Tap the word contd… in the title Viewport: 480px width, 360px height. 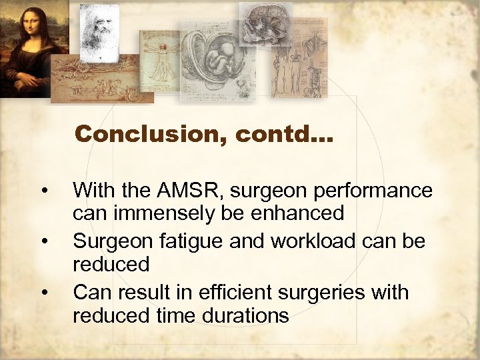[x=277, y=134]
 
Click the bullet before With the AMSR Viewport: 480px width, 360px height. [x=44, y=192]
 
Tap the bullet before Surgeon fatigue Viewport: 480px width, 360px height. [x=44, y=240]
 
